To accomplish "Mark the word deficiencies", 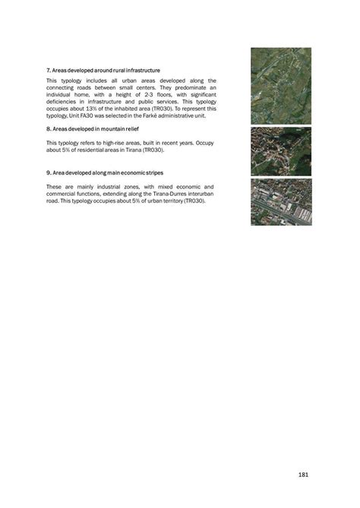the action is point(62,102).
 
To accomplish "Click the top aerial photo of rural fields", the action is point(281,87).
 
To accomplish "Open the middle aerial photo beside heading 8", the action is point(281,152).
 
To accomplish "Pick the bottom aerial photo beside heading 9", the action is point(281,202).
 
